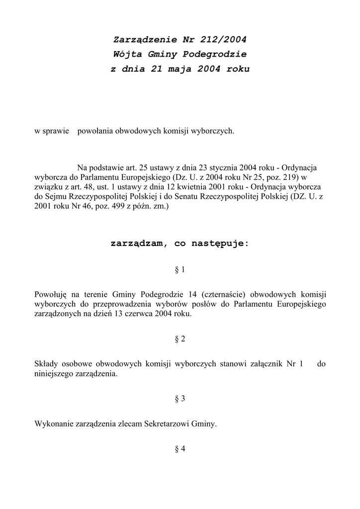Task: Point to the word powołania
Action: (x=95, y=131)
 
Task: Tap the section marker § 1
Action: (x=180, y=270)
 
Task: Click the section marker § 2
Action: (x=180, y=339)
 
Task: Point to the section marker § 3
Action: (x=180, y=399)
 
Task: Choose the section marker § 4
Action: (x=180, y=449)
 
